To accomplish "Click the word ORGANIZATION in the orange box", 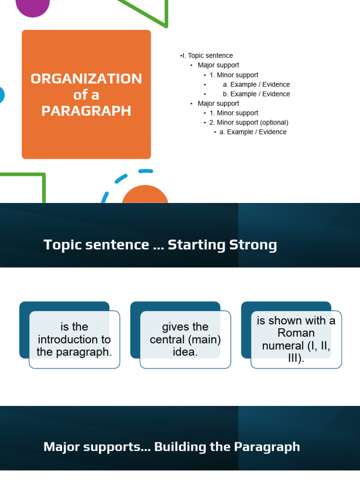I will tap(86, 78).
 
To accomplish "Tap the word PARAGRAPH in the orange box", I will tap(86, 111).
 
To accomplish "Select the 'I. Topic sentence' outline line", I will tap(207, 56).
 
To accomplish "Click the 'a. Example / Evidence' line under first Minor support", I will tap(256, 84).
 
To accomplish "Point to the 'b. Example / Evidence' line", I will tap(256, 94).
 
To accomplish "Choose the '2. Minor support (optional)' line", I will tap(248, 122).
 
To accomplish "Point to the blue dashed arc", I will tap(121, 179).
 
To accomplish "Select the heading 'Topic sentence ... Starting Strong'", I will tap(160, 245).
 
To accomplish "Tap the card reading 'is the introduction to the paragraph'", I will tap(74, 339).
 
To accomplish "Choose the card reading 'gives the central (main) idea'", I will tap(185, 339).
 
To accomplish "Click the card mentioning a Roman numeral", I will tap(296, 339).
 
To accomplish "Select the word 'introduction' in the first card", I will tap(74, 339).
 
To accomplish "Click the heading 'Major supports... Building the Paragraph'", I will tap(172, 447).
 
